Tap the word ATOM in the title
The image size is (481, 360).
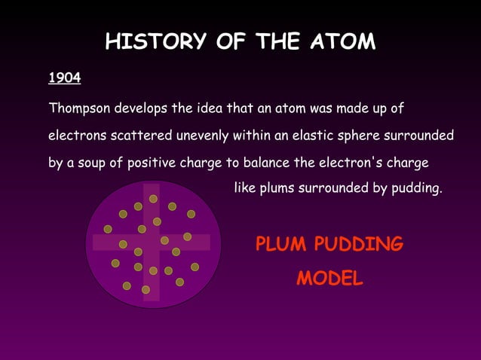(342, 41)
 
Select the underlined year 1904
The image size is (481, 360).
(65, 78)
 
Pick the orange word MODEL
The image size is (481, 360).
(329, 279)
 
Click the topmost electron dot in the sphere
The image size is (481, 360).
(153, 199)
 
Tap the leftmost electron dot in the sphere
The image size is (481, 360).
(108, 229)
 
